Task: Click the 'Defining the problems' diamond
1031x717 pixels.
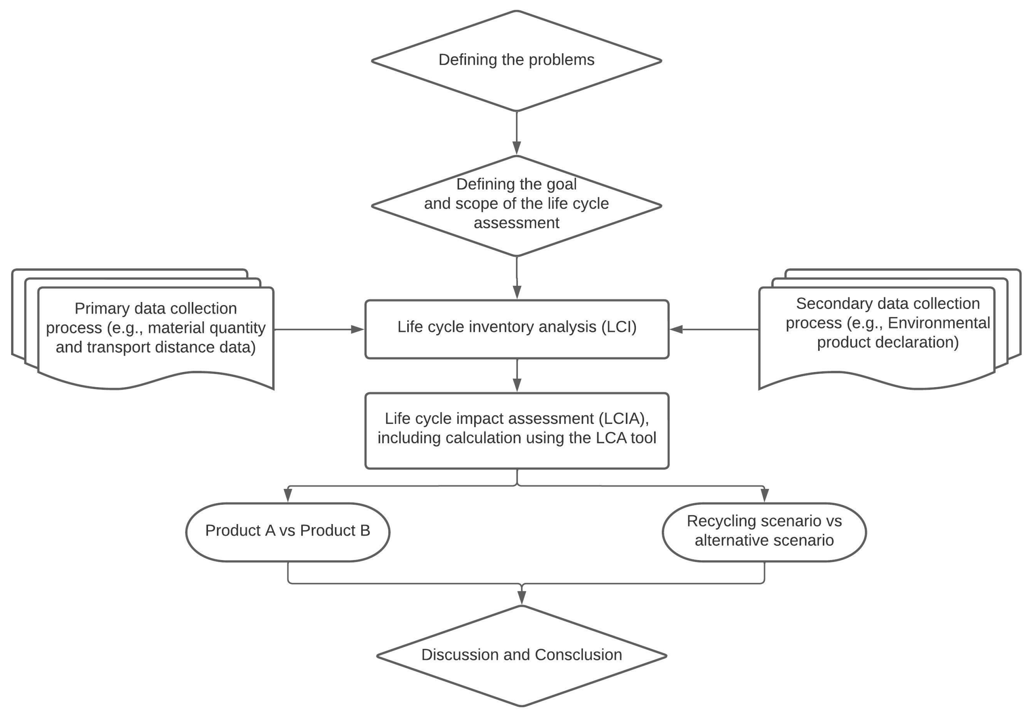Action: point(516,60)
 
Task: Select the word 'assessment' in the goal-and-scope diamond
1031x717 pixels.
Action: point(516,223)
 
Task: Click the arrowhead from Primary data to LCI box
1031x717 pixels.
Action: point(358,330)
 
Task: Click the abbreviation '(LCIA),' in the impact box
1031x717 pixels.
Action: point(624,418)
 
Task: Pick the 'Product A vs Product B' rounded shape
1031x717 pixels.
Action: point(288,532)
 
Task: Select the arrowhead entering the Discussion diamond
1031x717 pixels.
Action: point(521,597)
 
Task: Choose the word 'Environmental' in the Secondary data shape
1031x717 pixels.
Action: point(938,323)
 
